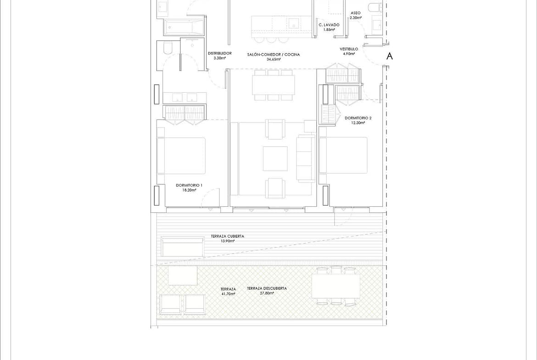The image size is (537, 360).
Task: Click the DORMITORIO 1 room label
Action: click(x=189, y=185)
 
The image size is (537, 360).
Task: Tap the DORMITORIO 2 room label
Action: click(x=358, y=118)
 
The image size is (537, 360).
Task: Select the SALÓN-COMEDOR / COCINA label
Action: click(x=273, y=55)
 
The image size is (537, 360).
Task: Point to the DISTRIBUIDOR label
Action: click(x=219, y=53)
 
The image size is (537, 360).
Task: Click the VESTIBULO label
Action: click(x=349, y=49)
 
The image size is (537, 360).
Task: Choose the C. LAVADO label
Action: click(x=329, y=25)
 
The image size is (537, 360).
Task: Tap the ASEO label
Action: click(x=356, y=13)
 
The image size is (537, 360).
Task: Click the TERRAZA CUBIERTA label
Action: click(x=227, y=236)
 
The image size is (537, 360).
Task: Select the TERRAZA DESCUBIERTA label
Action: click(x=267, y=288)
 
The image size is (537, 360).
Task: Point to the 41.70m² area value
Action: click(x=228, y=294)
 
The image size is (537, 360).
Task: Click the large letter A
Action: click(x=389, y=56)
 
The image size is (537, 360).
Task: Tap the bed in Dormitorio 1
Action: click(x=181, y=156)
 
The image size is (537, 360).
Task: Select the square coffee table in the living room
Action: click(x=275, y=158)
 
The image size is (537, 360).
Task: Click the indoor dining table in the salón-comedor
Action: click(x=273, y=85)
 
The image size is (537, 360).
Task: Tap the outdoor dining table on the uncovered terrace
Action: click(x=336, y=286)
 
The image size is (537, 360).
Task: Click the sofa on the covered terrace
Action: click(x=183, y=247)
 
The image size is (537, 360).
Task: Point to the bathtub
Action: click(x=184, y=27)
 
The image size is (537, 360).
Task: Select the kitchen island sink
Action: click(x=294, y=23)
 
